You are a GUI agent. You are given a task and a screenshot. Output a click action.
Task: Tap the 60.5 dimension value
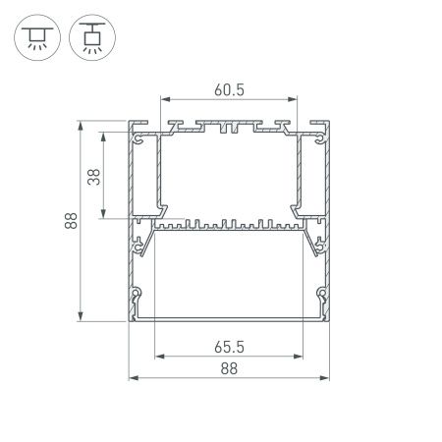coord(228,89)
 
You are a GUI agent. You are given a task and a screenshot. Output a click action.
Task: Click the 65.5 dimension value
coord(228,347)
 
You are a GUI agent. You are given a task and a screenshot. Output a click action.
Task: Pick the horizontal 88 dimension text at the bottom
coord(228,368)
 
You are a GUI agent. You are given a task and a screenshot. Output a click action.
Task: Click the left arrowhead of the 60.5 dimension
coord(166,100)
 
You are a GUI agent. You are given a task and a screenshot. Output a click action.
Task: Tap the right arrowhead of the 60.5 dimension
coord(292,100)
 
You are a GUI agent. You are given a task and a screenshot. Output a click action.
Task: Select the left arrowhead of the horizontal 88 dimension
coord(133,378)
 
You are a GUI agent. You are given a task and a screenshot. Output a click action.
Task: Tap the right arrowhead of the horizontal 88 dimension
coord(323,378)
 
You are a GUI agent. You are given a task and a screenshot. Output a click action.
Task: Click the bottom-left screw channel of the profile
coord(138,293)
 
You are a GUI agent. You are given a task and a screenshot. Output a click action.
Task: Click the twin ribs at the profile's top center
coord(228,128)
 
